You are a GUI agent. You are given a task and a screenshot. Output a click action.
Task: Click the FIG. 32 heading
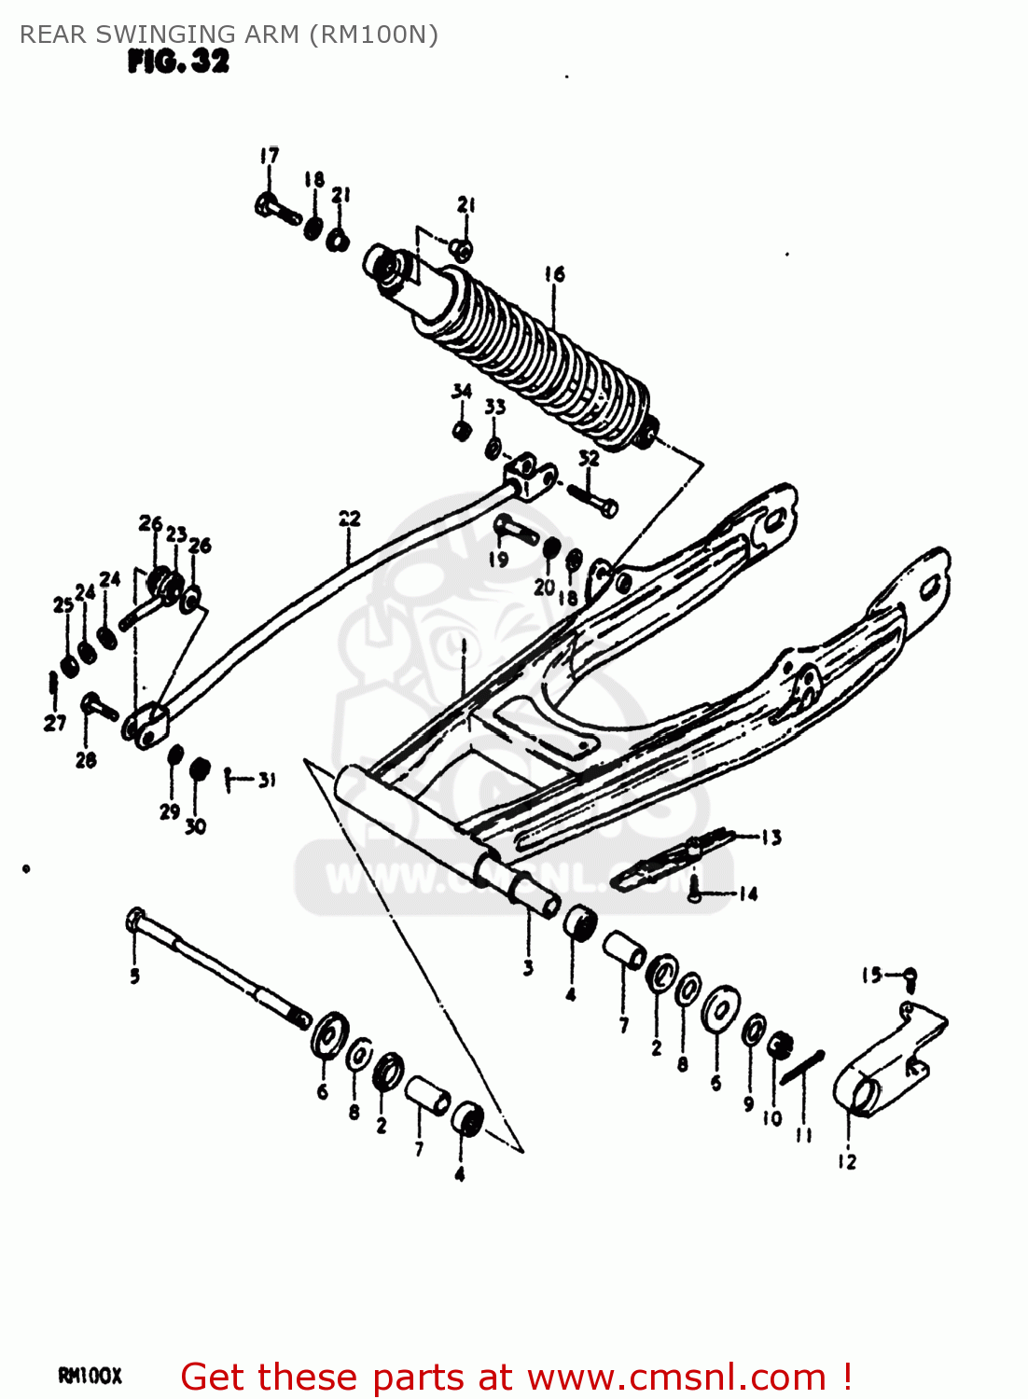178,62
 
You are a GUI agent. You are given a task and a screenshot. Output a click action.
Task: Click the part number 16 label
554,273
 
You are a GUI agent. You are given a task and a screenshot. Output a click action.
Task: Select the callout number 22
349,519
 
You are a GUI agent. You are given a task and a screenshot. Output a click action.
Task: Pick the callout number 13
771,838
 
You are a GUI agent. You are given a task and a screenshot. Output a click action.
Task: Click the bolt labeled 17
275,208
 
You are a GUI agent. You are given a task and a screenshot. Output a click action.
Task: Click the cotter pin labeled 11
802,1067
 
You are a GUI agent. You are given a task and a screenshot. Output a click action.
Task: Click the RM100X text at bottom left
90,1376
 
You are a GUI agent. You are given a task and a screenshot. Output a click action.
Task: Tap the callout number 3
528,967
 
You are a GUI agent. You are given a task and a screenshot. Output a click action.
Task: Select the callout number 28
86,760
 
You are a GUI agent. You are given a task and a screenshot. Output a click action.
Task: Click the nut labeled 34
460,431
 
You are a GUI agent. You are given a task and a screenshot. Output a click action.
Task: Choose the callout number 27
55,722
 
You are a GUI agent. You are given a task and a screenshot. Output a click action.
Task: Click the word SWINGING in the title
150,35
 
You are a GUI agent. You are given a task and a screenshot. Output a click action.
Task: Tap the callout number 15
871,976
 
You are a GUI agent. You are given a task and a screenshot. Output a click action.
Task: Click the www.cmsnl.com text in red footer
676,1377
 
